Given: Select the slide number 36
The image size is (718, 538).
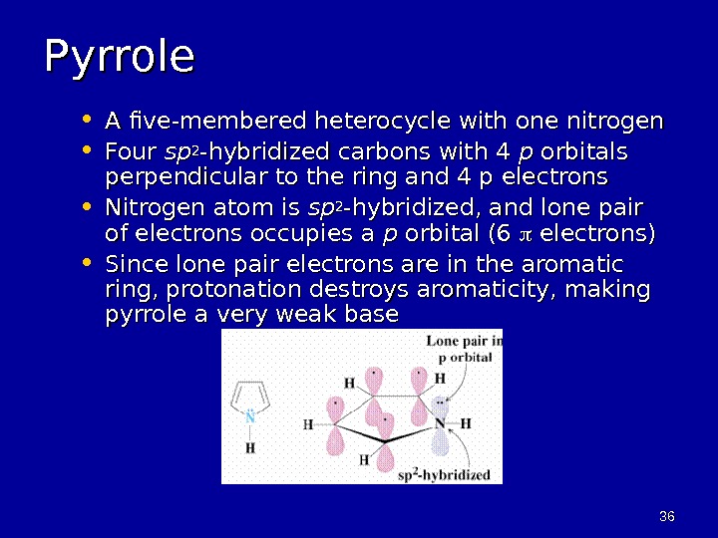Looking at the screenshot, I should [667, 515].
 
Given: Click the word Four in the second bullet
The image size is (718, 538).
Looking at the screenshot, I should [130, 152].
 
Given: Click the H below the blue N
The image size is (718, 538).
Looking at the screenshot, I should [250, 448].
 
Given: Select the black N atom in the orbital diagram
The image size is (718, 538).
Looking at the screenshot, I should [440, 423].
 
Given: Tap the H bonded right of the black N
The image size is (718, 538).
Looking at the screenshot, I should [466, 423].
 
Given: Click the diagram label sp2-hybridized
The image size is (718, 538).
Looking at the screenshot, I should [444, 474].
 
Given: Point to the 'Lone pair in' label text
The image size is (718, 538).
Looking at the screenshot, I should [464, 342].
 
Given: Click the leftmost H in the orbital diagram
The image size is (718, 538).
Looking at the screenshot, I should [308, 424].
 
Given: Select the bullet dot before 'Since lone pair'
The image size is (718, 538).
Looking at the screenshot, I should [88, 264].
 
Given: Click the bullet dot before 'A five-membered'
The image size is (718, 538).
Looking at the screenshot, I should [88, 121].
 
